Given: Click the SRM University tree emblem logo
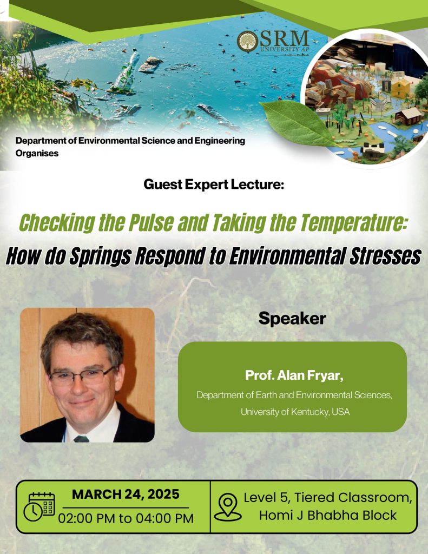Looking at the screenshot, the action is (x=247, y=41).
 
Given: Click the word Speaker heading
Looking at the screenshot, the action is (x=292, y=318).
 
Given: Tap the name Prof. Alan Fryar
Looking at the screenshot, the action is (x=294, y=375).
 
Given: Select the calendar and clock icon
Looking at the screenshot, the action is (x=39, y=507).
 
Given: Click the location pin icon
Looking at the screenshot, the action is (x=228, y=507).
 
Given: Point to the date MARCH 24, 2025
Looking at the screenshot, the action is (x=126, y=494).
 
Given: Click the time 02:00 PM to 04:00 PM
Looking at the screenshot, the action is (x=126, y=518).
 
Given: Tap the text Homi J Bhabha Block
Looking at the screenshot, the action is (x=327, y=515).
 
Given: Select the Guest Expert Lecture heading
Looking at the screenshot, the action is (x=214, y=184).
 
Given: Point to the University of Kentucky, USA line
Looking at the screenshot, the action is (x=295, y=412).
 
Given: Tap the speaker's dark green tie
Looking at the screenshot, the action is (x=81, y=439).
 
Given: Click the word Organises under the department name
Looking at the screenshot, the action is (x=37, y=153).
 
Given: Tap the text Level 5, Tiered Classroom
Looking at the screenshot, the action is (x=327, y=498).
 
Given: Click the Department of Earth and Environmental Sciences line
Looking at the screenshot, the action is (x=294, y=394).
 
